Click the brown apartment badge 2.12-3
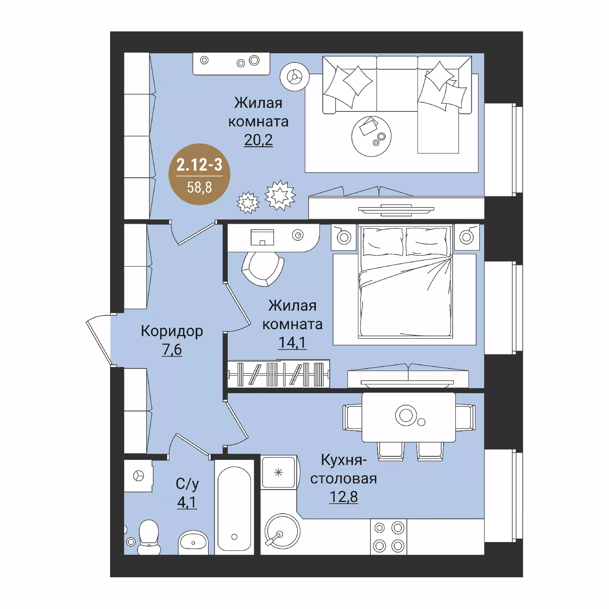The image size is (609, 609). pyautogui.click(x=199, y=174)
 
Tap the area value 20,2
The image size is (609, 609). pyautogui.click(x=258, y=140)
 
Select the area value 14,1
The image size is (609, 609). pyautogui.click(x=292, y=343)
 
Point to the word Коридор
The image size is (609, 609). pyautogui.click(x=172, y=331)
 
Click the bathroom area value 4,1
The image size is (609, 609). pyautogui.click(x=187, y=502)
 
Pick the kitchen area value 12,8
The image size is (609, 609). pyautogui.click(x=344, y=497)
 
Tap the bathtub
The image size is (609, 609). pyautogui.click(x=234, y=507)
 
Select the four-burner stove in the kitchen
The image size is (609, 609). pyautogui.click(x=389, y=537)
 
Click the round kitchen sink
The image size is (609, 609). pyautogui.click(x=282, y=531)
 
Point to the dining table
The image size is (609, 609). pyautogui.click(x=409, y=417)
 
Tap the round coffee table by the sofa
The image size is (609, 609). pyautogui.click(x=371, y=136)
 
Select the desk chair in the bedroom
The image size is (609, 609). pyautogui.click(x=263, y=269)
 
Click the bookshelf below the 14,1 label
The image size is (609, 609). pyautogui.click(x=279, y=374)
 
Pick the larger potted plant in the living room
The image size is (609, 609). pyautogui.click(x=280, y=195)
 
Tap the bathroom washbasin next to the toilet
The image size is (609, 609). pyautogui.click(x=193, y=543)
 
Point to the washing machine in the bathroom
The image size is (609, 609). pyautogui.click(x=138, y=476)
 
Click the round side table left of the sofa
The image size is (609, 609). pyautogui.click(x=295, y=77)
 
